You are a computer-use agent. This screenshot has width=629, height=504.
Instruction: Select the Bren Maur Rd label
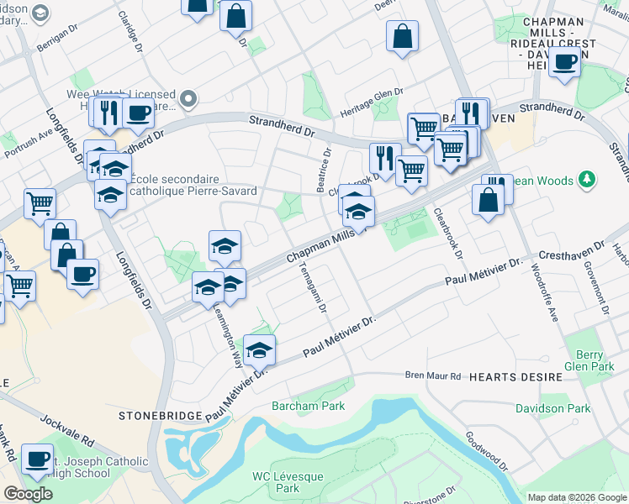pyautogui.click(x=434, y=375)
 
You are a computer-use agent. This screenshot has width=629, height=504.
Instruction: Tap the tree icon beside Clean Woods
pyautogui.click(x=588, y=180)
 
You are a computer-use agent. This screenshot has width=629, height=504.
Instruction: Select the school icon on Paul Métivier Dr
pyautogui.click(x=260, y=350)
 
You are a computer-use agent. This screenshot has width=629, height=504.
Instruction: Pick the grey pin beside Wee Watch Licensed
pyautogui.click(x=188, y=99)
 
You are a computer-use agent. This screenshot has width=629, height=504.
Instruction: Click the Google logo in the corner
pyautogui.click(x=28, y=494)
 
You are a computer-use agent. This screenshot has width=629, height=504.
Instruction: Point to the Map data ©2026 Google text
pyautogui.click(x=576, y=496)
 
